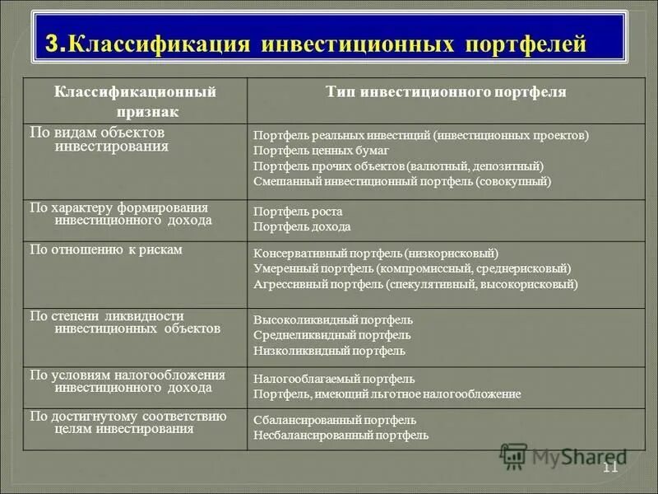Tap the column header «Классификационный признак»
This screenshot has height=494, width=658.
coord(135,100)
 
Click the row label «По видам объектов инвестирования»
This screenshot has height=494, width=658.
coord(99,139)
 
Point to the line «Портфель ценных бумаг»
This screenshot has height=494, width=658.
coord(321,151)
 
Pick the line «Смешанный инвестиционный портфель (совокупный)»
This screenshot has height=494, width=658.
coord(402,181)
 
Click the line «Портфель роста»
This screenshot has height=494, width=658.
coord(298,212)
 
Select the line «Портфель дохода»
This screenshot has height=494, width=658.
coord(302,226)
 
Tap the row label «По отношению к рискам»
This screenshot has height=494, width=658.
coord(106,249)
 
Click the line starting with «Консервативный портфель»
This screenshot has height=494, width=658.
coord(376,254)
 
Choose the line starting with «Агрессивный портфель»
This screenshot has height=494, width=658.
coord(415,284)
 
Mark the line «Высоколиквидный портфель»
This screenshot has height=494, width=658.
coord(333,319)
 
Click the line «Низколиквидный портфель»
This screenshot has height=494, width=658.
coord(329,351)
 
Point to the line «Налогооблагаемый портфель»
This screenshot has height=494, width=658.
coord(334,379)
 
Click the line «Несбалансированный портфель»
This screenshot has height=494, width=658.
coord(341,435)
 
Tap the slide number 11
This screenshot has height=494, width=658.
coord(609,468)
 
